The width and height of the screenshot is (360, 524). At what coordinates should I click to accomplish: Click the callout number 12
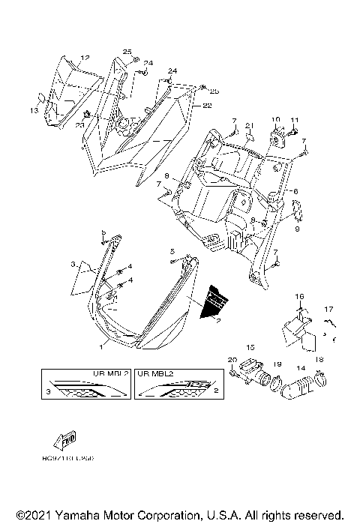[85, 58]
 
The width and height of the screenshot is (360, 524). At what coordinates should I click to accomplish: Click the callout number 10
[275, 120]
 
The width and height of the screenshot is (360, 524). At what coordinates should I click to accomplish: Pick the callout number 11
[295, 120]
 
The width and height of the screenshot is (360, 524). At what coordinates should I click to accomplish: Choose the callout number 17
[328, 309]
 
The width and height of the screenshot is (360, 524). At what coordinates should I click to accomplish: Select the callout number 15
[250, 347]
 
